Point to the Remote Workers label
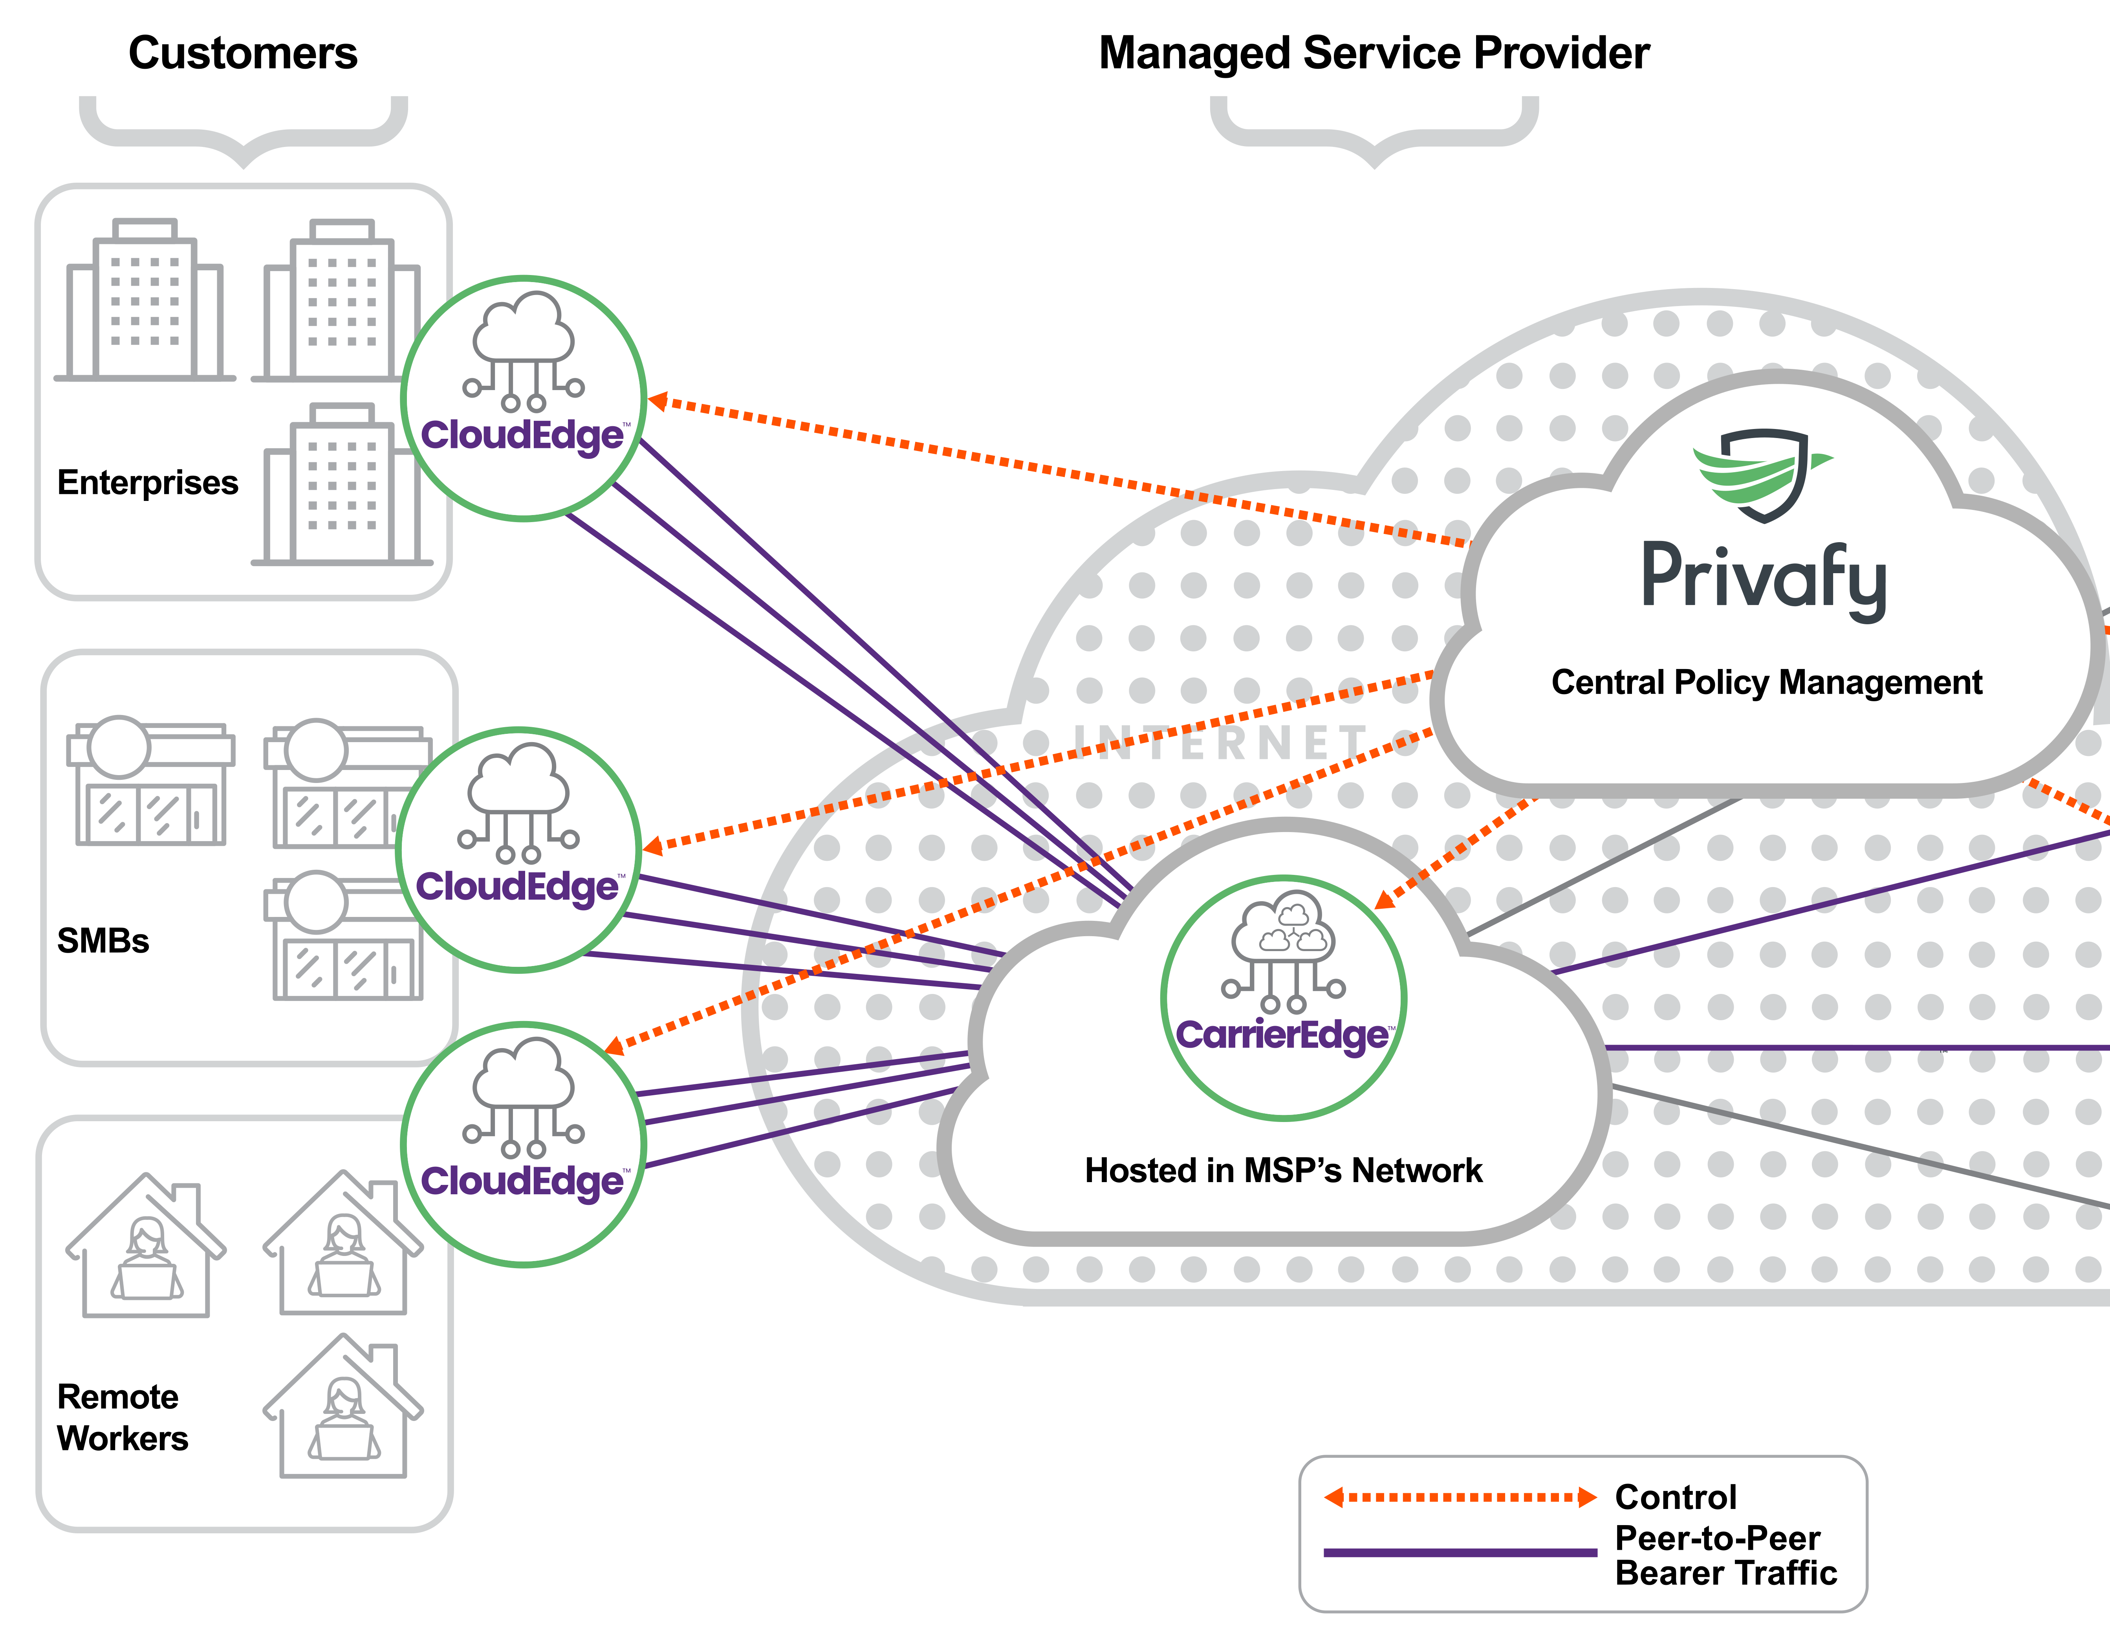(122, 1417)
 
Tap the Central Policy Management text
(1766, 682)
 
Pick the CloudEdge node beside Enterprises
(523, 398)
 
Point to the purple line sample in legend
(1459, 1553)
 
